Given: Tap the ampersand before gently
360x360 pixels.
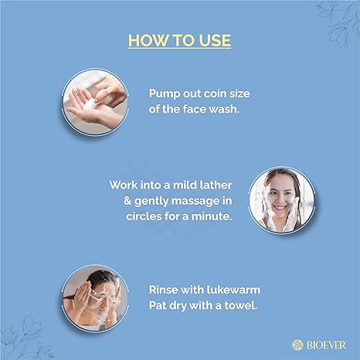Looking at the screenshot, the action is pyautogui.click(x=127, y=201).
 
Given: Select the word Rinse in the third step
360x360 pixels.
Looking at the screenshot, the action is pyautogui.click(x=163, y=290).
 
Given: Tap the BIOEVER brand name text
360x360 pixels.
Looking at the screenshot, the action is pyautogui.click(x=326, y=345).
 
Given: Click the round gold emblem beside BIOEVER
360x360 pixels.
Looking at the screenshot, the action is pyautogui.click(x=297, y=345).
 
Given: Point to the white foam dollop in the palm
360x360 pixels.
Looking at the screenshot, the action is pyautogui.click(x=90, y=105).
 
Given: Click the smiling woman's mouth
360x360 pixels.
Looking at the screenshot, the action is pyautogui.click(x=280, y=207).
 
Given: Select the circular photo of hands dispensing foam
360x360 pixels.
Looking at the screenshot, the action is pyautogui.click(x=95, y=102).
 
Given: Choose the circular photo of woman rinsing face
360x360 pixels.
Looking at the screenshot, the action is pyautogui.click(x=95, y=298).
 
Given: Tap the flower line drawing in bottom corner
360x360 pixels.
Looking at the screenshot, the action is pyautogui.click(x=25, y=338).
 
